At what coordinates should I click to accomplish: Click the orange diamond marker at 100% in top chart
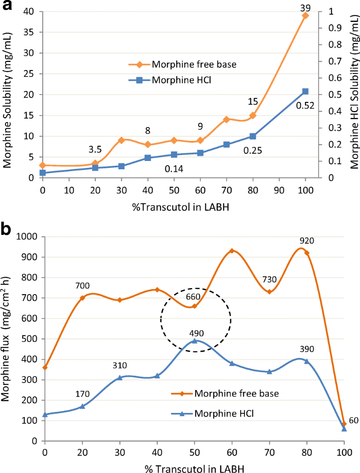coord(305,16)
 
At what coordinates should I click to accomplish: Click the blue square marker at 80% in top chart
coord(252,136)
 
